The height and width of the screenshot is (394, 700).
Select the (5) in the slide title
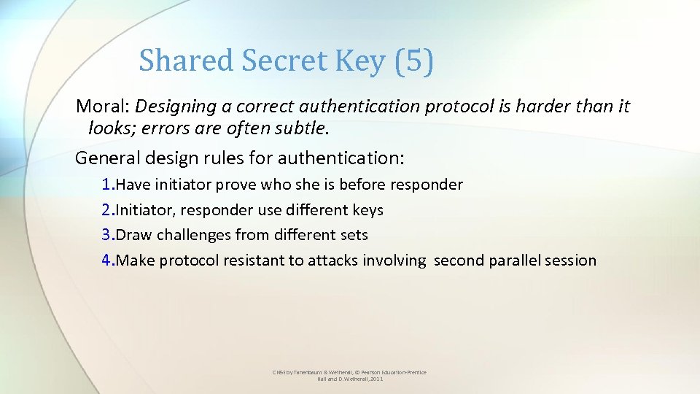pyautogui.click(x=413, y=61)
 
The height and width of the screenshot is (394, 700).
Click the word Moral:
pyautogui.click(x=103, y=107)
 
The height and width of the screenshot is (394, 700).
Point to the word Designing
pyautogui.click(x=173, y=107)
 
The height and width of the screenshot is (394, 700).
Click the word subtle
pyautogui.click(x=305, y=129)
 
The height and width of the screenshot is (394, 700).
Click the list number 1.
pyautogui.click(x=107, y=185)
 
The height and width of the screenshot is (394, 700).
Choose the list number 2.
pyautogui.click(x=107, y=210)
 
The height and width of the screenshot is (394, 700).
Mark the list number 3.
pyautogui.click(x=107, y=235)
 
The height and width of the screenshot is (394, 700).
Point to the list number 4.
pyautogui.click(x=107, y=260)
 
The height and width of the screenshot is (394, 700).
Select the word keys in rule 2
pyautogui.click(x=367, y=210)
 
